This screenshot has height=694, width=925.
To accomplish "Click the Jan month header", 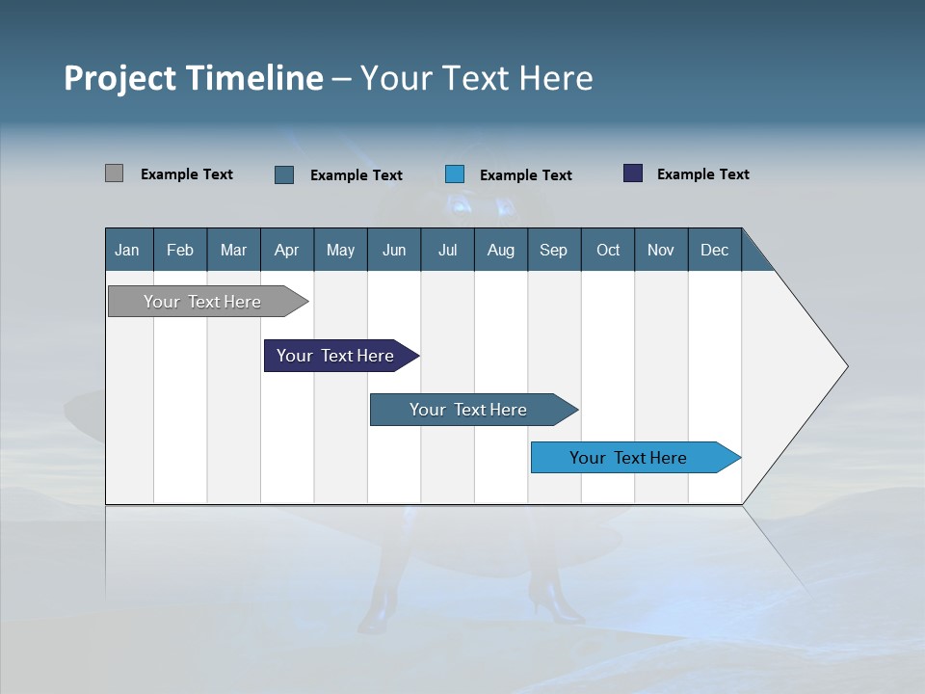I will tap(128, 250).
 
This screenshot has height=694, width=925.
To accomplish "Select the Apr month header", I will tap(287, 250).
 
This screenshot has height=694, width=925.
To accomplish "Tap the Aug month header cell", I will tap(501, 250).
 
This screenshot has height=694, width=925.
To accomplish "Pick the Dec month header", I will tap(714, 250).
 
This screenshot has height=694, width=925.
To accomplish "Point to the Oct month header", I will tap(608, 250).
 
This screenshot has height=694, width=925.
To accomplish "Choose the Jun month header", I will tap(394, 250).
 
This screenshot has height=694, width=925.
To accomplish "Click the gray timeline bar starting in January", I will tap(203, 302).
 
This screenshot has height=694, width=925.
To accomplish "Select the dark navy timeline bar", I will tap(336, 356).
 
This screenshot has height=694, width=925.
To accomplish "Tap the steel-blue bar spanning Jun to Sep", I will tap(469, 410).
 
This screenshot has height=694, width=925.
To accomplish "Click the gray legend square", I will tap(114, 173).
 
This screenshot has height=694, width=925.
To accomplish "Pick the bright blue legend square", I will tap(455, 174).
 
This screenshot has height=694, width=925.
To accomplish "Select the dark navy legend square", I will tap(632, 173).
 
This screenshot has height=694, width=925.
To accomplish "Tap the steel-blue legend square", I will tap(284, 174).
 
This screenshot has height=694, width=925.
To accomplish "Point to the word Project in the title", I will tap(120, 78).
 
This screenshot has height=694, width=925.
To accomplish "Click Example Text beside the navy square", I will tap(702, 174).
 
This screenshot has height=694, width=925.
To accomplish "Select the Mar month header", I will tap(233, 250).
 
